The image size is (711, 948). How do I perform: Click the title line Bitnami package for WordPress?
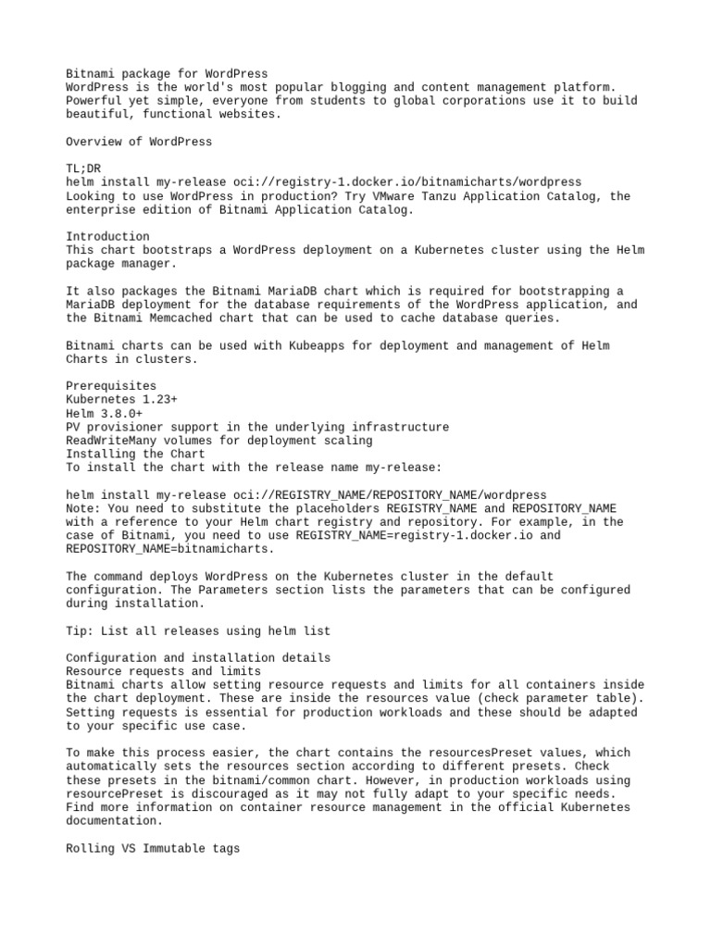(167, 73)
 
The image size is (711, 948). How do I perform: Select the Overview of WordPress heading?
(139, 142)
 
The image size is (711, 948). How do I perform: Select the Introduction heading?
(107, 236)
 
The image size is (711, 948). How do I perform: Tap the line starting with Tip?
(198, 630)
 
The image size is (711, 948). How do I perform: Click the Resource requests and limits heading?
(163, 671)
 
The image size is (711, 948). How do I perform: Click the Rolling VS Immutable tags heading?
(153, 848)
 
